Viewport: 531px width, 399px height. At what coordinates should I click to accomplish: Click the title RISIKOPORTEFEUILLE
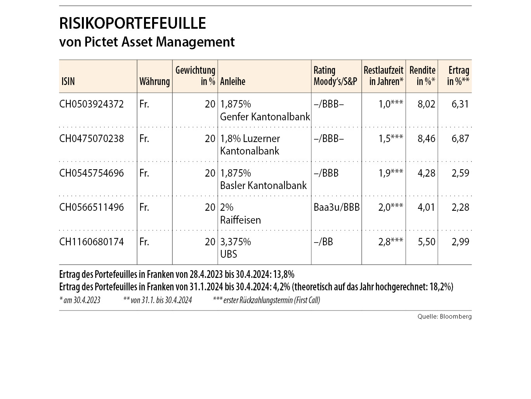132,23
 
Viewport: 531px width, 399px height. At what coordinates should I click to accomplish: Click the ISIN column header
68,82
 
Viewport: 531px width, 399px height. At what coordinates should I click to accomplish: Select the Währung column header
154,82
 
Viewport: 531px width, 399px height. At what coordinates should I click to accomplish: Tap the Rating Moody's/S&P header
335,76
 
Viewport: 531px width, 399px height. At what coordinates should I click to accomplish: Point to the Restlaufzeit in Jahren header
383,76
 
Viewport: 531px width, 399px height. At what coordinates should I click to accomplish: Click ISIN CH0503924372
92,104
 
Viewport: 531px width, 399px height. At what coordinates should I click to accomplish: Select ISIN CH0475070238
92,139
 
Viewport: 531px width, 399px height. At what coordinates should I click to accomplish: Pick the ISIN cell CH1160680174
92,242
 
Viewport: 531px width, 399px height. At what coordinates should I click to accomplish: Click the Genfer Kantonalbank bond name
265,116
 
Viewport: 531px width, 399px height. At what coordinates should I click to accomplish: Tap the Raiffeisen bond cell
240,220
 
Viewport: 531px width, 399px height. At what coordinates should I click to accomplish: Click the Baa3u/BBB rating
337,207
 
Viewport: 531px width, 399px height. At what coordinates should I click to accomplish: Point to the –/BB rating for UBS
323,242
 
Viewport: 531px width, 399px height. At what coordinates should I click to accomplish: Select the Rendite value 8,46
426,139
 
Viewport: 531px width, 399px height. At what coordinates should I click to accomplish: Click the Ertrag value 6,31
460,104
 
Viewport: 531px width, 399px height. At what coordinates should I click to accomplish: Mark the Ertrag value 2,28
460,207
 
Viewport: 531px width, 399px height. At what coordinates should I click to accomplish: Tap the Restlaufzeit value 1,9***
391,173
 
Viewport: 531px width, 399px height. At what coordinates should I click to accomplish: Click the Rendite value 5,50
426,242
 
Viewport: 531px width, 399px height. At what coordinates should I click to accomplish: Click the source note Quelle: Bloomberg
444,317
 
